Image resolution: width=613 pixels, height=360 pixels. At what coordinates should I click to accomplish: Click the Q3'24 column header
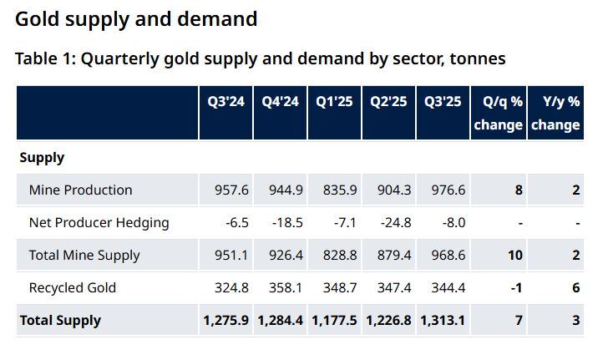coord(225,102)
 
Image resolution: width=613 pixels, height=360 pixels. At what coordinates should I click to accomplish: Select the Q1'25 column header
coord(334,102)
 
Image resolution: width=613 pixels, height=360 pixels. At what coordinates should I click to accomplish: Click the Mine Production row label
coord(80,190)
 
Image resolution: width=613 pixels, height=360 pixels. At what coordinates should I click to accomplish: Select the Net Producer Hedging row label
coord(99,222)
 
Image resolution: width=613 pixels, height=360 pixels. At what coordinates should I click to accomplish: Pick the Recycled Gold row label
coord(73,287)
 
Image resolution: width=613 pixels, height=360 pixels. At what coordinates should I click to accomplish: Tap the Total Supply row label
coord(60,320)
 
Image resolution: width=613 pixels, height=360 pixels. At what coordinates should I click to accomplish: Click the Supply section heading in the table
coord(42,157)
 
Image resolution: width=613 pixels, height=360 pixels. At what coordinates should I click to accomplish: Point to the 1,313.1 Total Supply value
coord(443,320)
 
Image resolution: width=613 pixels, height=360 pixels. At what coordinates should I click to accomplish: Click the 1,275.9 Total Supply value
coord(225,320)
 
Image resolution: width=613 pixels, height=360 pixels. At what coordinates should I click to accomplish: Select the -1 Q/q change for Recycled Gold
coord(517,287)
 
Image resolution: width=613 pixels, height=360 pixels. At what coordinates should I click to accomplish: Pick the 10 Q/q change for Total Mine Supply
coord(515,255)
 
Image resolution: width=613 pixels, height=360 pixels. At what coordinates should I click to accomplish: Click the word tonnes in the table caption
coord(475,59)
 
